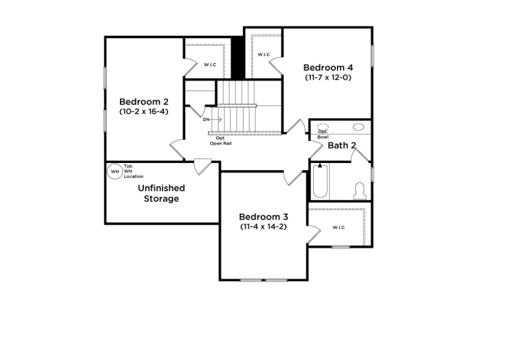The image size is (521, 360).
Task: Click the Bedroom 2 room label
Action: [144, 101]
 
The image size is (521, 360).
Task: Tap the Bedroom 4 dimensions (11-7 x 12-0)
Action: [328, 78]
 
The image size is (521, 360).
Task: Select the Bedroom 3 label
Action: [263, 217]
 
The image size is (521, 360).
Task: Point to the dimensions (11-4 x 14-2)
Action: [263, 227]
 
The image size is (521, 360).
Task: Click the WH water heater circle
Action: [114, 172]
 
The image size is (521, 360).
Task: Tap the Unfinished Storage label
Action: [161, 193]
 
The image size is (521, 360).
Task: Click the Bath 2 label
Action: [341, 145]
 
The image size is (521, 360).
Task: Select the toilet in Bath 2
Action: [360, 191]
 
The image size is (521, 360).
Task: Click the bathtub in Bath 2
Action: [321, 181]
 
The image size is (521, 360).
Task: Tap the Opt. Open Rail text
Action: [221, 141]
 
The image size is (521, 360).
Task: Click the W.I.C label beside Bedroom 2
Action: [210, 65]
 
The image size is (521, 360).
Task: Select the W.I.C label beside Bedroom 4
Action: [264, 54]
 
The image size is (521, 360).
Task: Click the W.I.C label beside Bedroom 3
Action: [339, 228]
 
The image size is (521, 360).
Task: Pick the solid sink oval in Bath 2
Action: [358, 127]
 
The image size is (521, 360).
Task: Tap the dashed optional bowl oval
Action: [323, 126]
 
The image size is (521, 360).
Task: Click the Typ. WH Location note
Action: [134, 171]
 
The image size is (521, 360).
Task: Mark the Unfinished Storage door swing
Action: [203, 167]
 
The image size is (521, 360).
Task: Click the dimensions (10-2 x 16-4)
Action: [144, 112]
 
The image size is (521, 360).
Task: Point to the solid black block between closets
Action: [238, 58]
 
